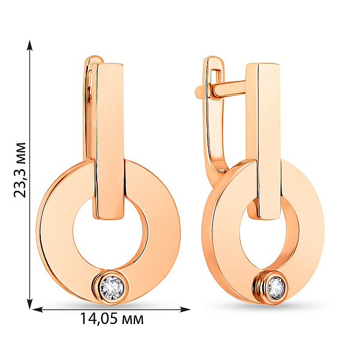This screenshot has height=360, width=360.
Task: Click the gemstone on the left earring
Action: [112, 287]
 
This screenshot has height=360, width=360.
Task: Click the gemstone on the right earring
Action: [276, 288]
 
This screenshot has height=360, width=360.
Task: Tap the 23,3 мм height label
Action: [20, 170]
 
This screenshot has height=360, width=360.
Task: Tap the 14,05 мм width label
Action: [112, 319]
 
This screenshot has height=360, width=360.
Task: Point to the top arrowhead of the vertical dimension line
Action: [29, 45]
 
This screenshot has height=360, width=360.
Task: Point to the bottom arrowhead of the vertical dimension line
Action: [29, 304]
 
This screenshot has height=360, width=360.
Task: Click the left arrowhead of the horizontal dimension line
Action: [38, 310]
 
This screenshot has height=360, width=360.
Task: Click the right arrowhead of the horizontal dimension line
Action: [185, 310]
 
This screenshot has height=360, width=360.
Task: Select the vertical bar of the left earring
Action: [109, 141]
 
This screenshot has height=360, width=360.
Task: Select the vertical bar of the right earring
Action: [264, 141]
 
